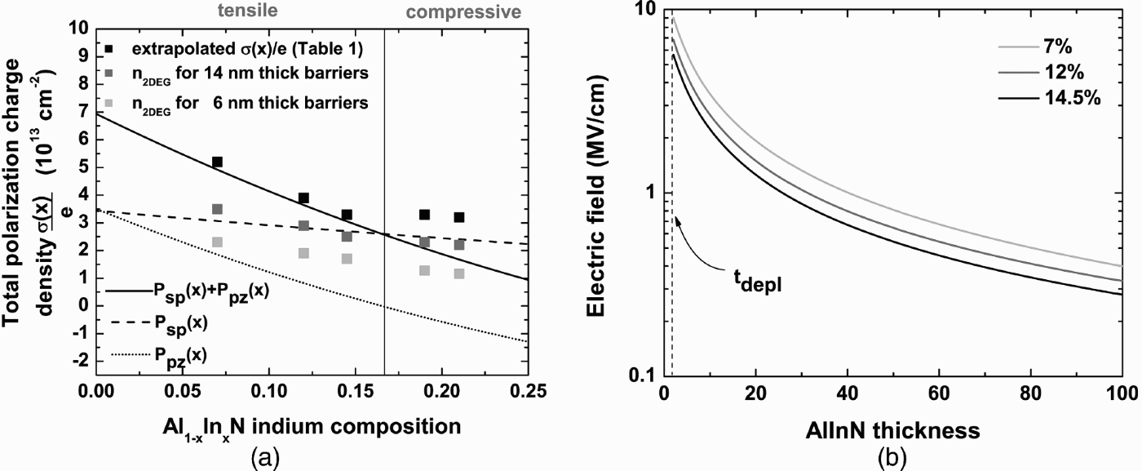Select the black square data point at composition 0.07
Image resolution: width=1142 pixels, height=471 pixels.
click(217, 162)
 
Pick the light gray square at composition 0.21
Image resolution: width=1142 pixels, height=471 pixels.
click(459, 274)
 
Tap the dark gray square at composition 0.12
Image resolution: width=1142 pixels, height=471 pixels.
click(303, 226)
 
